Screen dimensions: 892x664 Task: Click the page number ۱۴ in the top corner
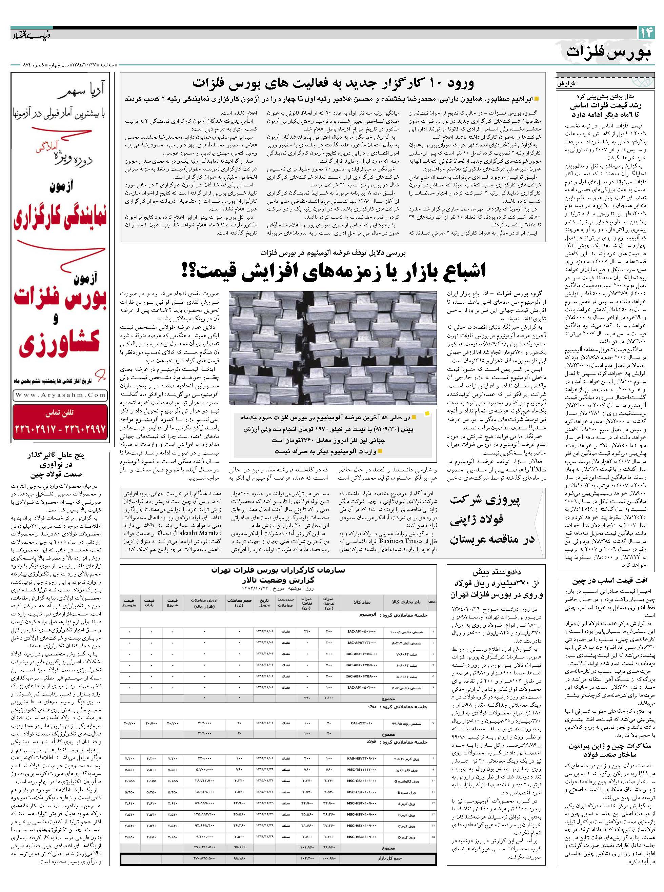(x=646, y=33)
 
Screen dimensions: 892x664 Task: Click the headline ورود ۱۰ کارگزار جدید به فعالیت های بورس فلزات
(x=333, y=83)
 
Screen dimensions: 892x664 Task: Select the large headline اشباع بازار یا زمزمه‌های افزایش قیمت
(x=333, y=271)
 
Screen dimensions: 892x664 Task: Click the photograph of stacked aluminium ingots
(x=333, y=348)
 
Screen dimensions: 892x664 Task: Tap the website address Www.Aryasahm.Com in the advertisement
(x=60, y=395)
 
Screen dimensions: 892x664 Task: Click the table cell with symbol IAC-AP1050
(x=361, y=631)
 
